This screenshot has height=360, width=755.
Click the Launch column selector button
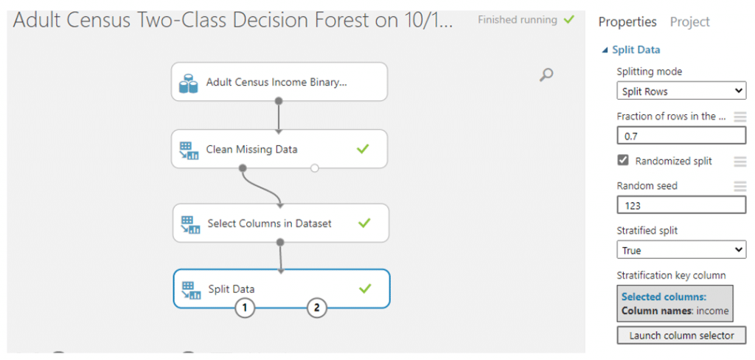point(681,336)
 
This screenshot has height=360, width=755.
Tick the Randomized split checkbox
point(623,161)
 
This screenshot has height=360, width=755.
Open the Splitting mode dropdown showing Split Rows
point(681,91)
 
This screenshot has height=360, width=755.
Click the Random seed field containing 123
point(681,206)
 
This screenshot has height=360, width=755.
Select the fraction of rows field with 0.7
point(681,136)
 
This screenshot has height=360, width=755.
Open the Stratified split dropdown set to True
point(681,250)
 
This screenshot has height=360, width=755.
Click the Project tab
point(689,22)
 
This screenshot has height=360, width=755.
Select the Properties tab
point(627,22)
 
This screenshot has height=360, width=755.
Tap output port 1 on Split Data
point(245,308)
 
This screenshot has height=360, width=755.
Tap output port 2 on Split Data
point(317,308)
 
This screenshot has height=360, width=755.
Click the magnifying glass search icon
point(546,75)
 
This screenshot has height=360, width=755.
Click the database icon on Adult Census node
point(188,83)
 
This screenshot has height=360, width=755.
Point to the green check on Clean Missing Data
point(363,150)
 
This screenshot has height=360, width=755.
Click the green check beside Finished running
point(568,20)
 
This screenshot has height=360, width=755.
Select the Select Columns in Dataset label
point(270,224)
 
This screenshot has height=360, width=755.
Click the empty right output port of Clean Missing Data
point(314,168)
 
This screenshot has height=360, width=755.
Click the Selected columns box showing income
point(675,304)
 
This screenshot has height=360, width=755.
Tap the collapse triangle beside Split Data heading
point(605,50)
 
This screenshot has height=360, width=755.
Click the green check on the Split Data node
point(365,288)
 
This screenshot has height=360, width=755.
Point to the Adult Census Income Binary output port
point(278,101)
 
